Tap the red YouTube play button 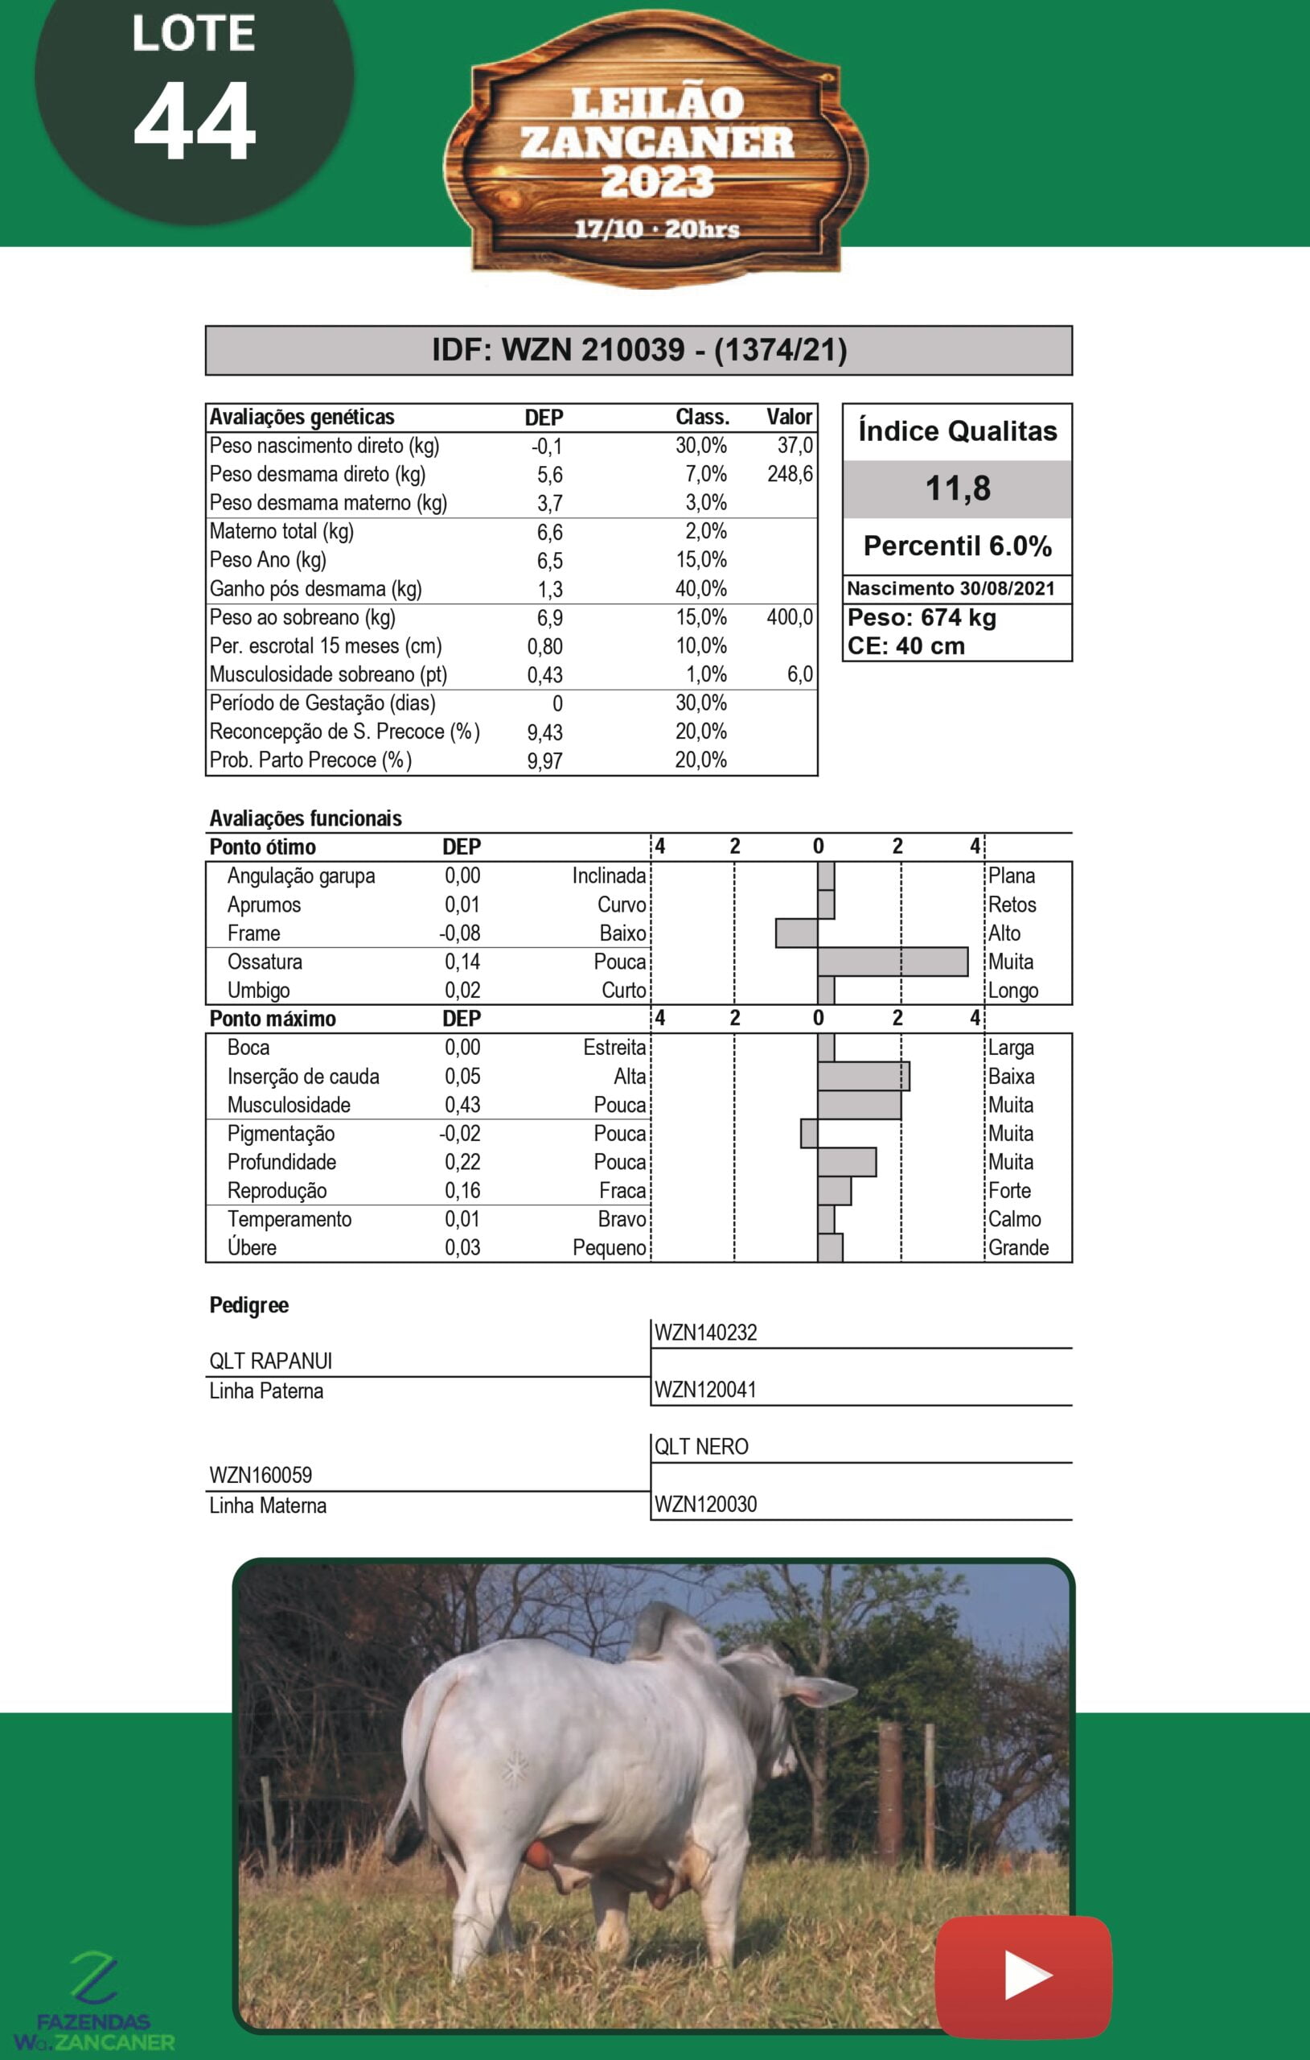tap(1024, 1976)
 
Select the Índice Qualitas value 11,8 tap(958, 488)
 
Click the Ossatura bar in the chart tap(892, 962)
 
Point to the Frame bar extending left tap(796, 933)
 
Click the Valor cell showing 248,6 tap(789, 474)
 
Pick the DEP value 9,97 tap(544, 760)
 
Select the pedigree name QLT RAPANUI tap(271, 1361)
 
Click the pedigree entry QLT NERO tap(701, 1447)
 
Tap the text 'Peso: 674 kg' tap(921, 618)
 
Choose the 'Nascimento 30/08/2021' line tap(951, 588)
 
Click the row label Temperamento tap(289, 1219)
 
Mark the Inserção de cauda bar tap(863, 1076)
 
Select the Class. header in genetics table tap(702, 418)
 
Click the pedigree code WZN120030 tap(705, 1504)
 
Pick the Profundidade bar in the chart tap(847, 1162)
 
